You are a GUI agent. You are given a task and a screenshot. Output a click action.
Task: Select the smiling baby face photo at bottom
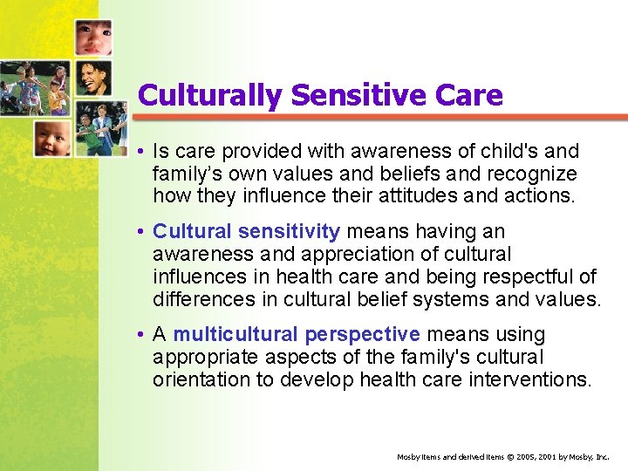(x=52, y=138)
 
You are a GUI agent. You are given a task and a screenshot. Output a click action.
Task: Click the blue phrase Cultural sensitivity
(x=246, y=231)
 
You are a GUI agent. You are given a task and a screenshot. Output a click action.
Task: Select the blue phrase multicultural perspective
(x=297, y=334)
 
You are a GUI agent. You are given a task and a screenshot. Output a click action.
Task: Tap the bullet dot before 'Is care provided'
(x=140, y=152)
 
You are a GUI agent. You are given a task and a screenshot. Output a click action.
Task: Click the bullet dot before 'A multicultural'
(x=140, y=335)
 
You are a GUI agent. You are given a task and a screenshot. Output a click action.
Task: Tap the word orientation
(x=203, y=380)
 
